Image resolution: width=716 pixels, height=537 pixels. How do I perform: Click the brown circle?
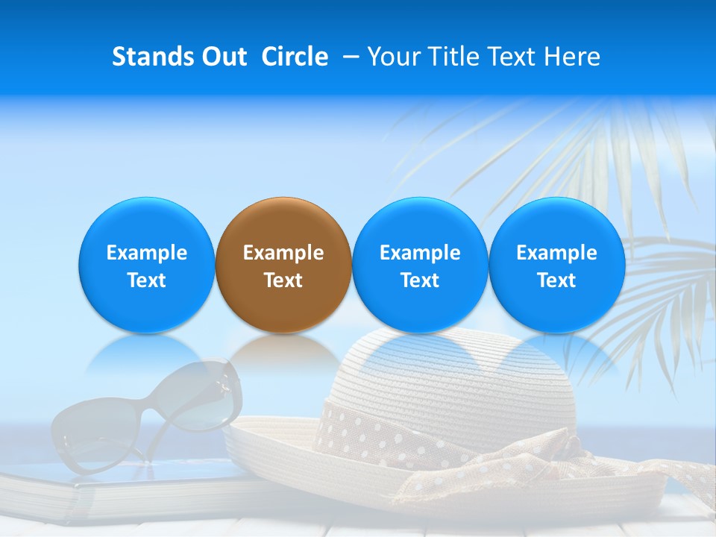(283, 265)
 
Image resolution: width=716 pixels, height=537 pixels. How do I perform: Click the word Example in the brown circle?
(283, 253)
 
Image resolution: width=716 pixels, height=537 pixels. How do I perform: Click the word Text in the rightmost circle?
(557, 280)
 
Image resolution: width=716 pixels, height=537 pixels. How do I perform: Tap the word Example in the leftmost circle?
(147, 253)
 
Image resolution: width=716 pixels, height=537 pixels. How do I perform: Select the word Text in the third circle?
(420, 280)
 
